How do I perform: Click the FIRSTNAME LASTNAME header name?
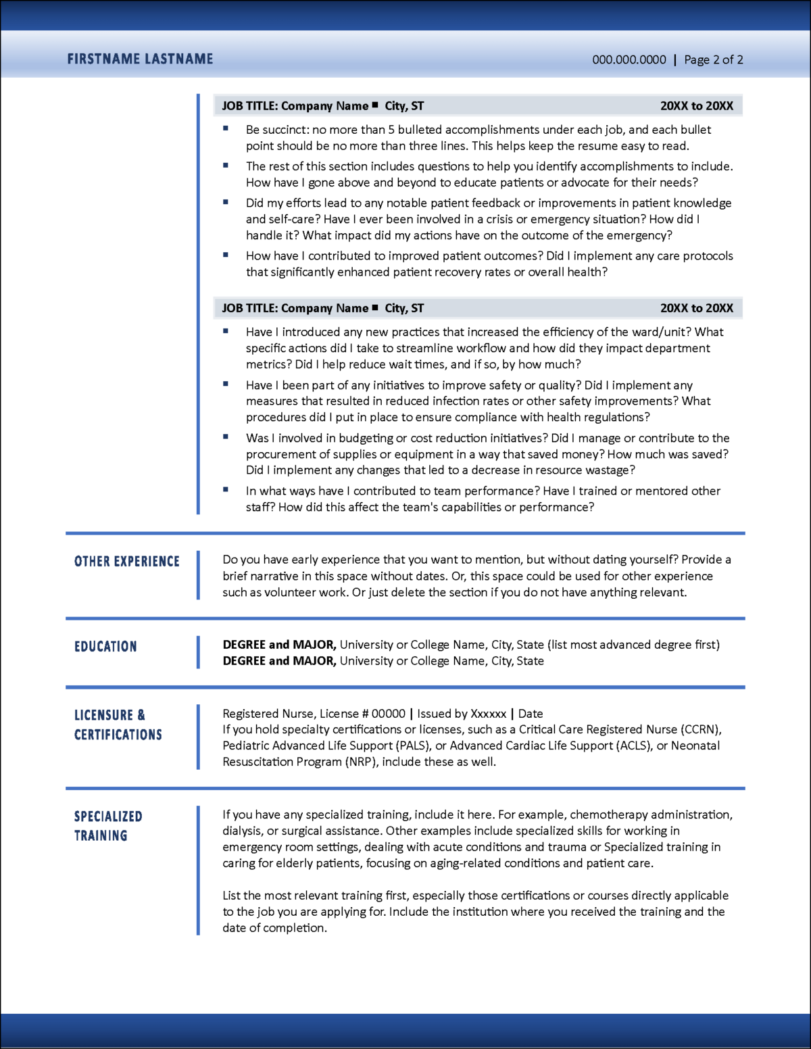[140, 59]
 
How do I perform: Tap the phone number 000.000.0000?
[629, 59]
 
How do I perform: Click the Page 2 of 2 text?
[713, 59]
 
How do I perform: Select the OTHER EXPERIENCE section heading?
[127, 562]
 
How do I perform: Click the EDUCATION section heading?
[105, 647]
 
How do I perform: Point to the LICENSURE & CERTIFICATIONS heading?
[118, 725]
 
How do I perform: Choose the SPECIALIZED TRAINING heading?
[108, 826]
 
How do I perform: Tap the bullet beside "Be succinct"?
[226, 128]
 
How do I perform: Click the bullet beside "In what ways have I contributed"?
[226, 489]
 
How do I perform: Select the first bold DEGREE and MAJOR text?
[279, 645]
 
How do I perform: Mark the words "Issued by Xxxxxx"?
[462, 714]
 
